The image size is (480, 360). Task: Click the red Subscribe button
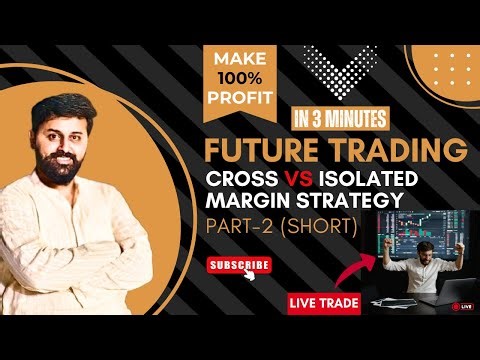click(238, 265)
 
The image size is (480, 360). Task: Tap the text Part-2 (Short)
click(283, 227)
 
